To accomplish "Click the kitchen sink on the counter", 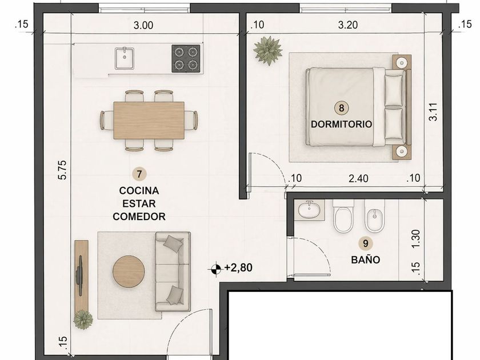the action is [x=125, y=58].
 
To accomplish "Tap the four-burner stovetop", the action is [x=186, y=58].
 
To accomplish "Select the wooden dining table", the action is [x=149, y=121].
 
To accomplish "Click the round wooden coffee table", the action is [x=129, y=271].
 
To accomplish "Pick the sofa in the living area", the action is [x=173, y=271].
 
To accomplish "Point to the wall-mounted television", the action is [x=80, y=276].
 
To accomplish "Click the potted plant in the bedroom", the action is [x=268, y=50].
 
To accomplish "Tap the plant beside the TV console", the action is [x=83, y=319].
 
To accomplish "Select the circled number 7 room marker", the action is [x=139, y=174].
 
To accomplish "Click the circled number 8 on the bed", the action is [x=341, y=108].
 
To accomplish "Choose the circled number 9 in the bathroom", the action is [x=365, y=243].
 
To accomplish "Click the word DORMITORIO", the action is [x=341, y=124].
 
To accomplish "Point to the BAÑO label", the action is [x=366, y=259].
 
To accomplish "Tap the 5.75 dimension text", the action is [x=62, y=170].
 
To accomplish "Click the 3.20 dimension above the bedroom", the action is [x=348, y=25].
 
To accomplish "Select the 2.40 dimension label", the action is [x=358, y=178].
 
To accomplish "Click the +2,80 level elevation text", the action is [x=238, y=267].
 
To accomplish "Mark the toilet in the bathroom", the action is [x=343, y=216].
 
